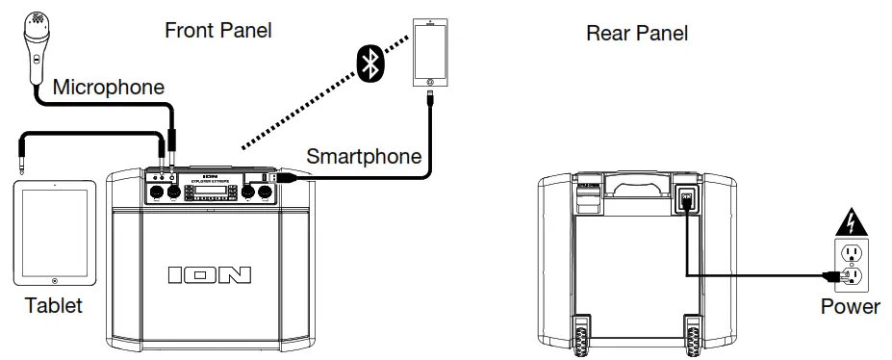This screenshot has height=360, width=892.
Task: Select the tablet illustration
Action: click(55, 233)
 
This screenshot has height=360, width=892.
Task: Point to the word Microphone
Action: click(108, 88)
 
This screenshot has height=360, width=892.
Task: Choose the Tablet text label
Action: click(54, 307)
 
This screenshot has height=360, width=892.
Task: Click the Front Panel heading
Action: click(217, 31)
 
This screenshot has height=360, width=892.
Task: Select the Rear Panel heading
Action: click(637, 34)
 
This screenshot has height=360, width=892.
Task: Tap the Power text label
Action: click(850, 308)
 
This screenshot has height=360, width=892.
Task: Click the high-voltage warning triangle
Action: click(851, 224)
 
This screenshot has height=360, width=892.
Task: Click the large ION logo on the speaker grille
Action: click(209, 275)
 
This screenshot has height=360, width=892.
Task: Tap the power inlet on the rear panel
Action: click(687, 197)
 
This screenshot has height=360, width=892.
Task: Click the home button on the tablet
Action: click(55, 281)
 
